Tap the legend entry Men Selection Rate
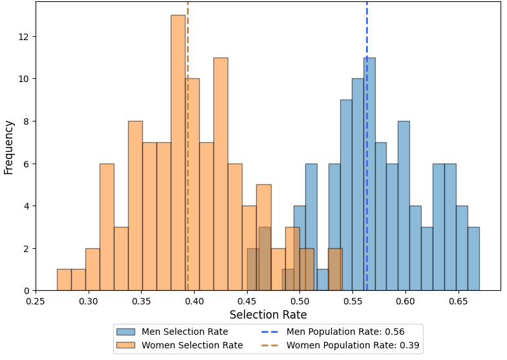pos(185,332)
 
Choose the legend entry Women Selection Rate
pos(192,345)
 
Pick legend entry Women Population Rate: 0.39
pos(352,345)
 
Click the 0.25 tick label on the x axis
pos(36,301)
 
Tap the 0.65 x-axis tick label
pos(458,301)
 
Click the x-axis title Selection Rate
pos(268,315)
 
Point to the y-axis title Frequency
pos(8,147)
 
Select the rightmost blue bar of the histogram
pos(473,259)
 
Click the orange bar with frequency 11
pos(221,175)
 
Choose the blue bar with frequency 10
pos(358,185)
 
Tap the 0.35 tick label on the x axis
pos(141,301)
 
